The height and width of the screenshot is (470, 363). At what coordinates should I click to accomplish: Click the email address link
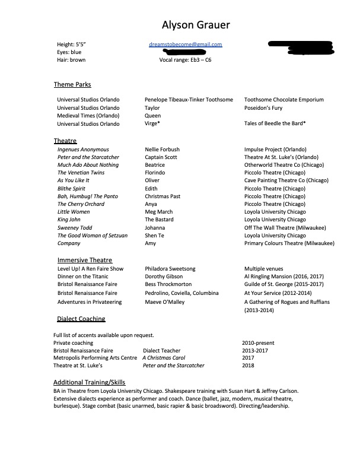pos(186,45)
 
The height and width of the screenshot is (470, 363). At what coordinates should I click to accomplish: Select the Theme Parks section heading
pos(72,85)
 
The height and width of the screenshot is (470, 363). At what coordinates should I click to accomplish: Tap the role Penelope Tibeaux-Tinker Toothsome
pos(189,100)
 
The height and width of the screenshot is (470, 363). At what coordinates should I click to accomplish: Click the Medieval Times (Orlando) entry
pos(88,116)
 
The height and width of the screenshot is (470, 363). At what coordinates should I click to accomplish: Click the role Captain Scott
pos(161,157)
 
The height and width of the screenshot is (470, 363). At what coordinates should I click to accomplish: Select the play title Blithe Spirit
pos(72,189)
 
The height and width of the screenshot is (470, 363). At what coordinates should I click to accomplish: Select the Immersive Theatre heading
pos(85,260)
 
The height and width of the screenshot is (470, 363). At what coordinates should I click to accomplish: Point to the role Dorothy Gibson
pos(164,277)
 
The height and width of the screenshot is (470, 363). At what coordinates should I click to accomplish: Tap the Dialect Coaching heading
pos(81,319)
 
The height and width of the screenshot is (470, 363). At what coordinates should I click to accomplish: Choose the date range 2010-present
pos(258,343)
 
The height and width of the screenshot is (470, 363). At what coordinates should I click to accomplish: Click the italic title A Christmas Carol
pos(164,358)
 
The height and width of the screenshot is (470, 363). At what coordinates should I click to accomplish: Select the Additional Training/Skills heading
pos(89,382)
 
